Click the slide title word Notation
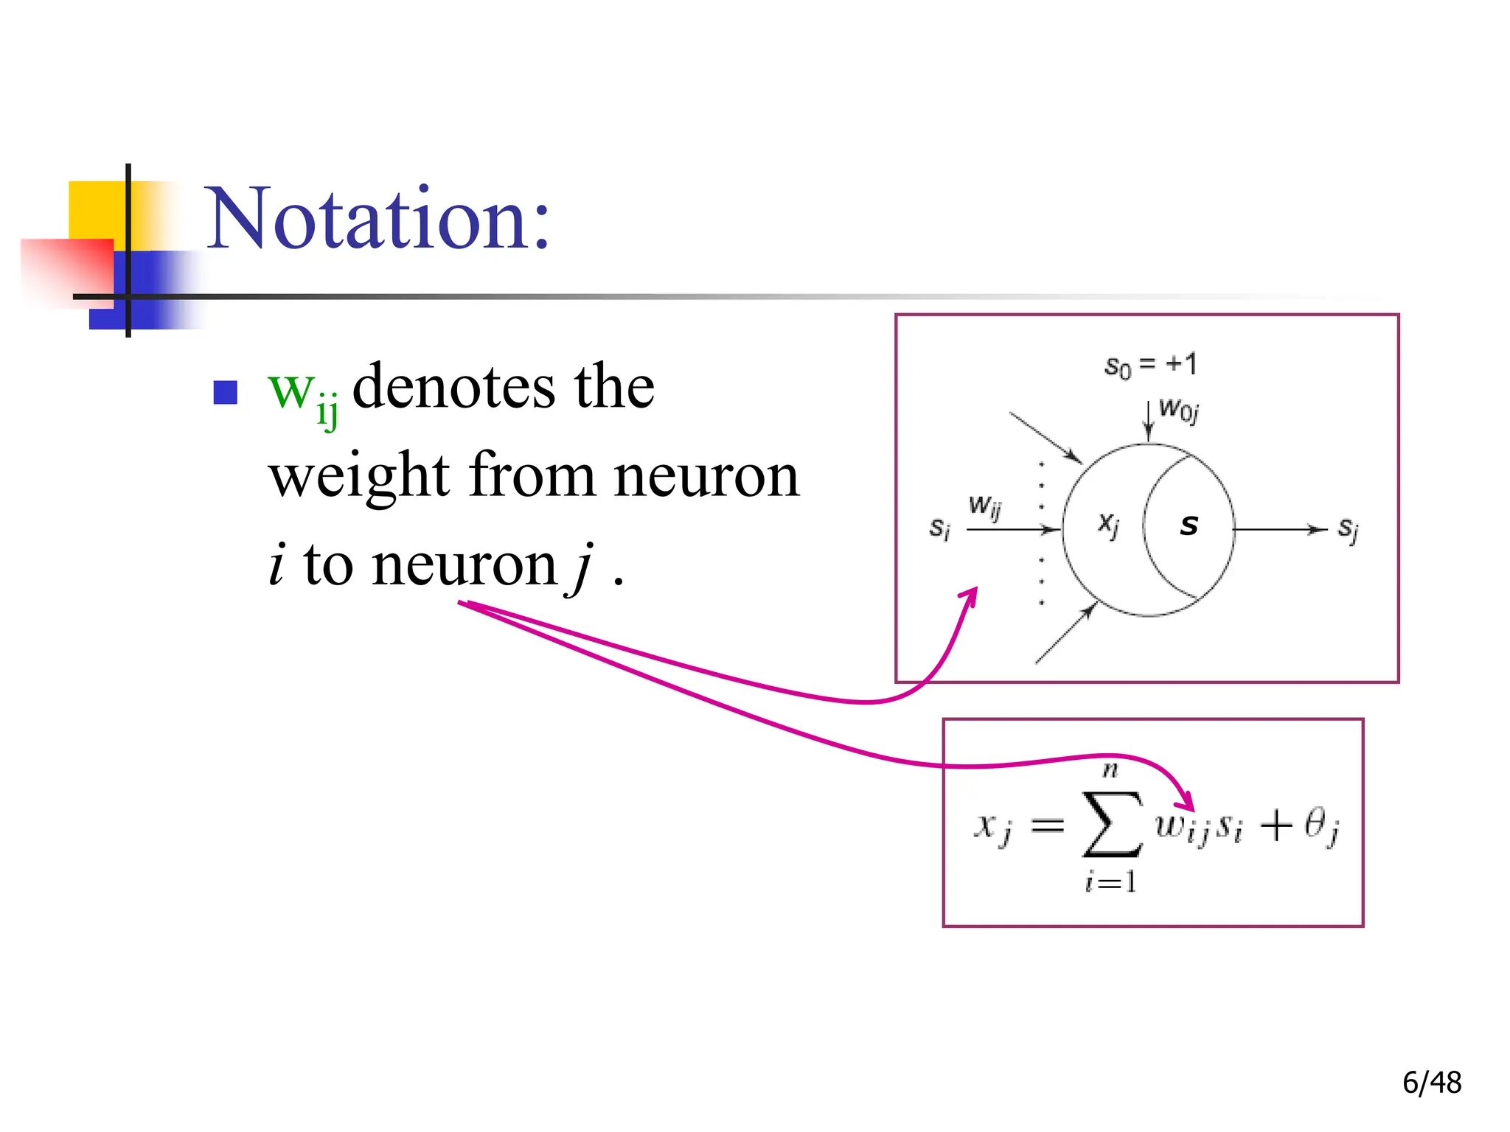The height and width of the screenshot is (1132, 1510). pos(377,219)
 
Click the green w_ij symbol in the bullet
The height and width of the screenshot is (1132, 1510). pos(302,394)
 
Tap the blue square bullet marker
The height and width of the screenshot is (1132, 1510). pos(225,392)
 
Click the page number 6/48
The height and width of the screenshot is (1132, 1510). pos(1431,1083)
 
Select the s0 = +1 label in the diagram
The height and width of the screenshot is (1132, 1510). pos(1150,365)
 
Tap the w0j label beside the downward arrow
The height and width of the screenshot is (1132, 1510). pos(1178,409)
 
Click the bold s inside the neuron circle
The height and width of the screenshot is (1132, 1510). pos(1189,525)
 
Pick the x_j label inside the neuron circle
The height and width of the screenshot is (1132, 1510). pos(1108,525)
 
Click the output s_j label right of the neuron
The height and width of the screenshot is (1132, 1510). pos(1348,529)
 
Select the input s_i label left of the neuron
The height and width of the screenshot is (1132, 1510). pos(939,528)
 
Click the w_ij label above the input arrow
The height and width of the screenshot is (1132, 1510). pos(985,507)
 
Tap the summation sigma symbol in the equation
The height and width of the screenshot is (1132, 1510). pos(1111,825)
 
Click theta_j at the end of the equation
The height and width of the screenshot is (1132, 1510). pos(1321,826)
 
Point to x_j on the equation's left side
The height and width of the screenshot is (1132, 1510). pos(992,826)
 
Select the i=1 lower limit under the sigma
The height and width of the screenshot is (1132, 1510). pos(1110,882)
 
